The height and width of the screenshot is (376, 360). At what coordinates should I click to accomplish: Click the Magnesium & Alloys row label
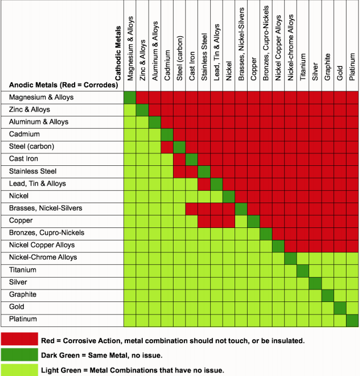click(x=41, y=97)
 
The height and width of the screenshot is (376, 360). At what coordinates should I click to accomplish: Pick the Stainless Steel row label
click(x=33, y=171)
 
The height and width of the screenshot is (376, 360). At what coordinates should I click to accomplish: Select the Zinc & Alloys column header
click(x=142, y=59)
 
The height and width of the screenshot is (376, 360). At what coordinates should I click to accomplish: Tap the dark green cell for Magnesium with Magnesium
click(x=130, y=97)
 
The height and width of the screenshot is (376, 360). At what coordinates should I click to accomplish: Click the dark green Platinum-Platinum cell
click(x=352, y=320)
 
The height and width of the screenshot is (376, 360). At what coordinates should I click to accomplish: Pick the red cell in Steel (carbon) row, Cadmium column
click(x=167, y=147)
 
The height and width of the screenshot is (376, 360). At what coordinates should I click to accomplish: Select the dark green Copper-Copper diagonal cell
click(x=254, y=221)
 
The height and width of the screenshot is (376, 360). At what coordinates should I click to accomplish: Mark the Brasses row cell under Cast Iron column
click(x=192, y=209)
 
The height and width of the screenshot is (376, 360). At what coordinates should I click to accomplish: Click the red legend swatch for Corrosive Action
click(x=19, y=340)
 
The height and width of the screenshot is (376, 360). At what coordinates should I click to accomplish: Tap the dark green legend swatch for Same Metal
click(x=19, y=355)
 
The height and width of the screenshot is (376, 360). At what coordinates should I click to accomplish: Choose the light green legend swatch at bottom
click(x=19, y=370)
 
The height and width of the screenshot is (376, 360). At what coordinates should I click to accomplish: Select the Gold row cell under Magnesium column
click(x=130, y=307)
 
